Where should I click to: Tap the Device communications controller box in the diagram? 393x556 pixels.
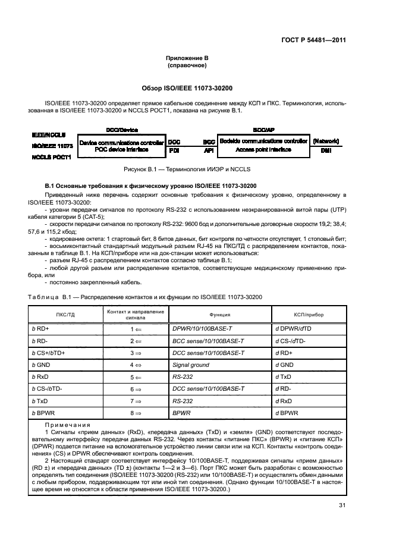tap(122, 146)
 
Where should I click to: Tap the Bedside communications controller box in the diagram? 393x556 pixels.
tap(263, 146)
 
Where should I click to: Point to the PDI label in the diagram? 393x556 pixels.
tap(174, 151)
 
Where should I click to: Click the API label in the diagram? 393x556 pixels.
tap(208, 151)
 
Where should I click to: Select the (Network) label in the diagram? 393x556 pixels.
tap(326, 142)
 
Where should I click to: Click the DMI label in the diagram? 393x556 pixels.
tap(326, 151)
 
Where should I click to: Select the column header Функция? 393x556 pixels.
tap(219, 314)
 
